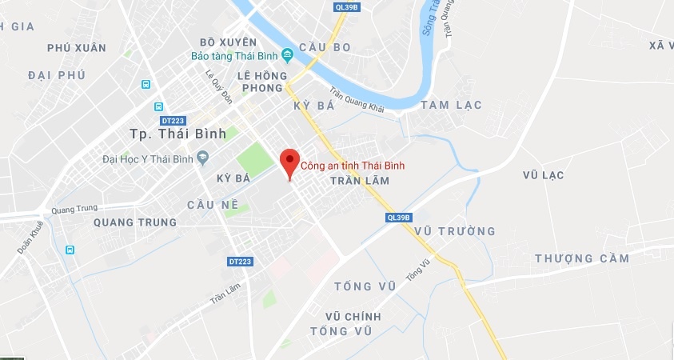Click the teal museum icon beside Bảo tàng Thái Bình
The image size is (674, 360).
click(287, 56)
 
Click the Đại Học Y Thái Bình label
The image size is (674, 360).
click(147, 158)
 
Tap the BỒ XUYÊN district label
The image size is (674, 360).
click(228, 42)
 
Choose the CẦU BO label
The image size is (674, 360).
click(325, 47)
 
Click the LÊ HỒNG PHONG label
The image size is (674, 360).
click(260, 82)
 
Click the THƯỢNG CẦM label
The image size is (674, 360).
click(582, 258)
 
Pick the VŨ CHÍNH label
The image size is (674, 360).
click(353, 317)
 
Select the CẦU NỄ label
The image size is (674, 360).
click(213, 205)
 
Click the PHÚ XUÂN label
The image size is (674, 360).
click(76, 48)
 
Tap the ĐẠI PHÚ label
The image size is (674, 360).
click(55, 74)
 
